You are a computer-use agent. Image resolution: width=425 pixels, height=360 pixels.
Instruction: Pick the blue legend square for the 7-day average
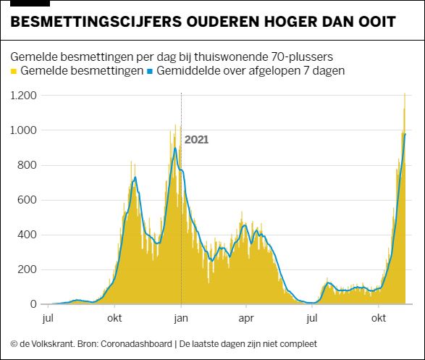[x=150, y=72]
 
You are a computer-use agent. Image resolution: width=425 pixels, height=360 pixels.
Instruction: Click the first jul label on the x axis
[x=49, y=318]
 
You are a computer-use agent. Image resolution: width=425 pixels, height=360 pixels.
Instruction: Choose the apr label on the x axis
[x=245, y=318]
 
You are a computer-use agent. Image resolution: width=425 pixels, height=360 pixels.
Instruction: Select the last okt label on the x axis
[x=379, y=318]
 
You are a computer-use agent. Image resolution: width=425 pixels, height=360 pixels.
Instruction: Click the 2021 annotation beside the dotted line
[x=196, y=140]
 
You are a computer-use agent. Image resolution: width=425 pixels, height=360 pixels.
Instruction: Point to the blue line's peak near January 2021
[x=174, y=149]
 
